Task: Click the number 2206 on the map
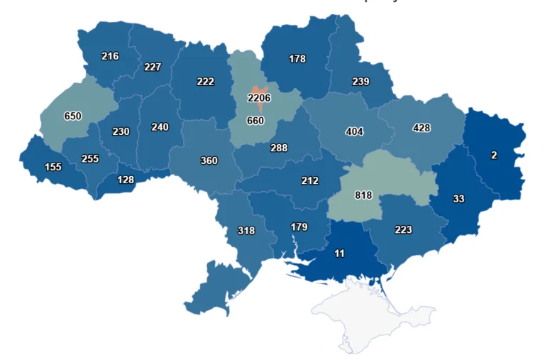point(259,97)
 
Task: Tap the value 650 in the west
point(72,116)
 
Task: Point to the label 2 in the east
point(494,154)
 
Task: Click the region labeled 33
point(458,199)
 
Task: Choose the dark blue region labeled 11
point(340,253)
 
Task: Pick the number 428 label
point(422,128)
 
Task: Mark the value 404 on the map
point(354,131)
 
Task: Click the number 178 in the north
point(297,59)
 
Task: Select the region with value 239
point(360,82)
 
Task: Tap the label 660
point(255,121)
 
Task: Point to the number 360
point(209,160)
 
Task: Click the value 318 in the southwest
point(246,230)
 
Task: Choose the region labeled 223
point(402,229)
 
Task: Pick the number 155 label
point(53,167)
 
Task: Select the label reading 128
point(125,180)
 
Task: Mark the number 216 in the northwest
point(110,56)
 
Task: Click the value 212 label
point(309,180)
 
